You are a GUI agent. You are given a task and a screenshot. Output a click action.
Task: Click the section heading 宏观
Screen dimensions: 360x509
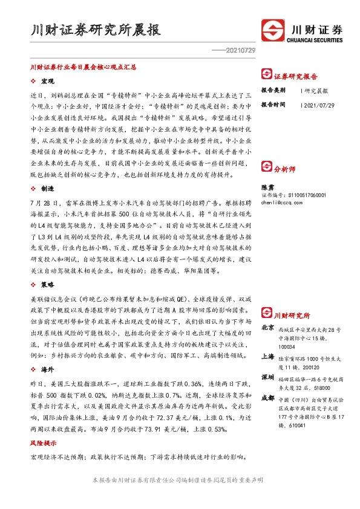point(48,81)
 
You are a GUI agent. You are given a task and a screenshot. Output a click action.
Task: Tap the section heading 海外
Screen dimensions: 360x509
point(48,368)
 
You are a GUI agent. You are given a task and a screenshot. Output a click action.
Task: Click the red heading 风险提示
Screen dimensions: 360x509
point(44,444)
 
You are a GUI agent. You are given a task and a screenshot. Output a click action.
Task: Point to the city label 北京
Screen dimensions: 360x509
point(267,328)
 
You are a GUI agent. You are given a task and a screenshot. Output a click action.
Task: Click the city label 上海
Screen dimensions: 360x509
point(267,357)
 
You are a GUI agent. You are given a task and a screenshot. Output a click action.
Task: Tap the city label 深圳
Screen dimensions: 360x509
point(267,377)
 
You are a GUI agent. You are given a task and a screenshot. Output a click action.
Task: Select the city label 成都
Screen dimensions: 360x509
point(267,398)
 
